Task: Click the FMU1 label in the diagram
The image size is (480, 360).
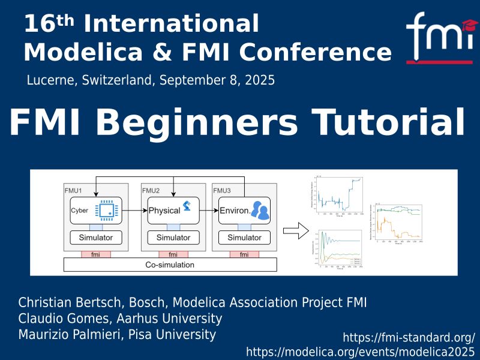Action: pyautogui.click(x=73, y=190)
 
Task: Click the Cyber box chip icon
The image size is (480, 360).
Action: pyautogui.click(x=108, y=210)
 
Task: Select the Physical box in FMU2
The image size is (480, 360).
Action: pyautogui.click(x=173, y=211)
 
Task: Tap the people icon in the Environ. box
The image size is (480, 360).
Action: pyautogui.click(x=260, y=209)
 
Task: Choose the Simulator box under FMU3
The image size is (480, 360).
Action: pyautogui.click(x=244, y=238)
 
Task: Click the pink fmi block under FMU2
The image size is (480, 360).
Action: pyautogui.click(x=173, y=254)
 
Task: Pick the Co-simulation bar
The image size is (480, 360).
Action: pyautogui.click(x=170, y=265)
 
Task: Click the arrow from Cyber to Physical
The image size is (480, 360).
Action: pyautogui.click(x=134, y=211)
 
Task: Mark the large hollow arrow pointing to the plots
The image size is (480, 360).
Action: pyautogui.click(x=291, y=229)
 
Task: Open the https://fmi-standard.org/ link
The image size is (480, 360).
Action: pyautogui.click(x=409, y=337)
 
